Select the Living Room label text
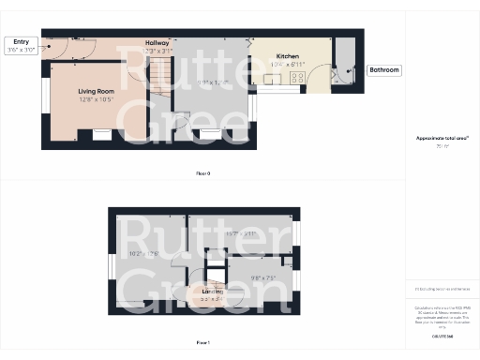pyautogui.click(x=95, y=91)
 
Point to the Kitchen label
pyautogui.click(x=288, y=57)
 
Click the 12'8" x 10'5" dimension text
pyautogui.click(x=95, y=99)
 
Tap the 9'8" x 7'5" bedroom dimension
pyautogui.click(x=265, y=277)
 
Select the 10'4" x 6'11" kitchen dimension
pyautogui.click(x=288, y=66)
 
